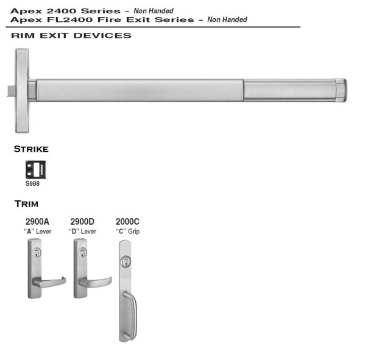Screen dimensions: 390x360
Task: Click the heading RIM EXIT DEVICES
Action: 71,35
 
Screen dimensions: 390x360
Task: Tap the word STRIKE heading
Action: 31,149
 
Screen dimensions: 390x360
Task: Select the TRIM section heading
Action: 26,203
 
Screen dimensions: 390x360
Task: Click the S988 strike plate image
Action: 35,169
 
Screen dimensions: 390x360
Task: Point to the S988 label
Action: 33,183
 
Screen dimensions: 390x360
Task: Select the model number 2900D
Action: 82,222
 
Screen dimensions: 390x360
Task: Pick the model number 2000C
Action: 127,222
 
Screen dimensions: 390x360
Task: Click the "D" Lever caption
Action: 82,231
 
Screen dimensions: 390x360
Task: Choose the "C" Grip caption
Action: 127,231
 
